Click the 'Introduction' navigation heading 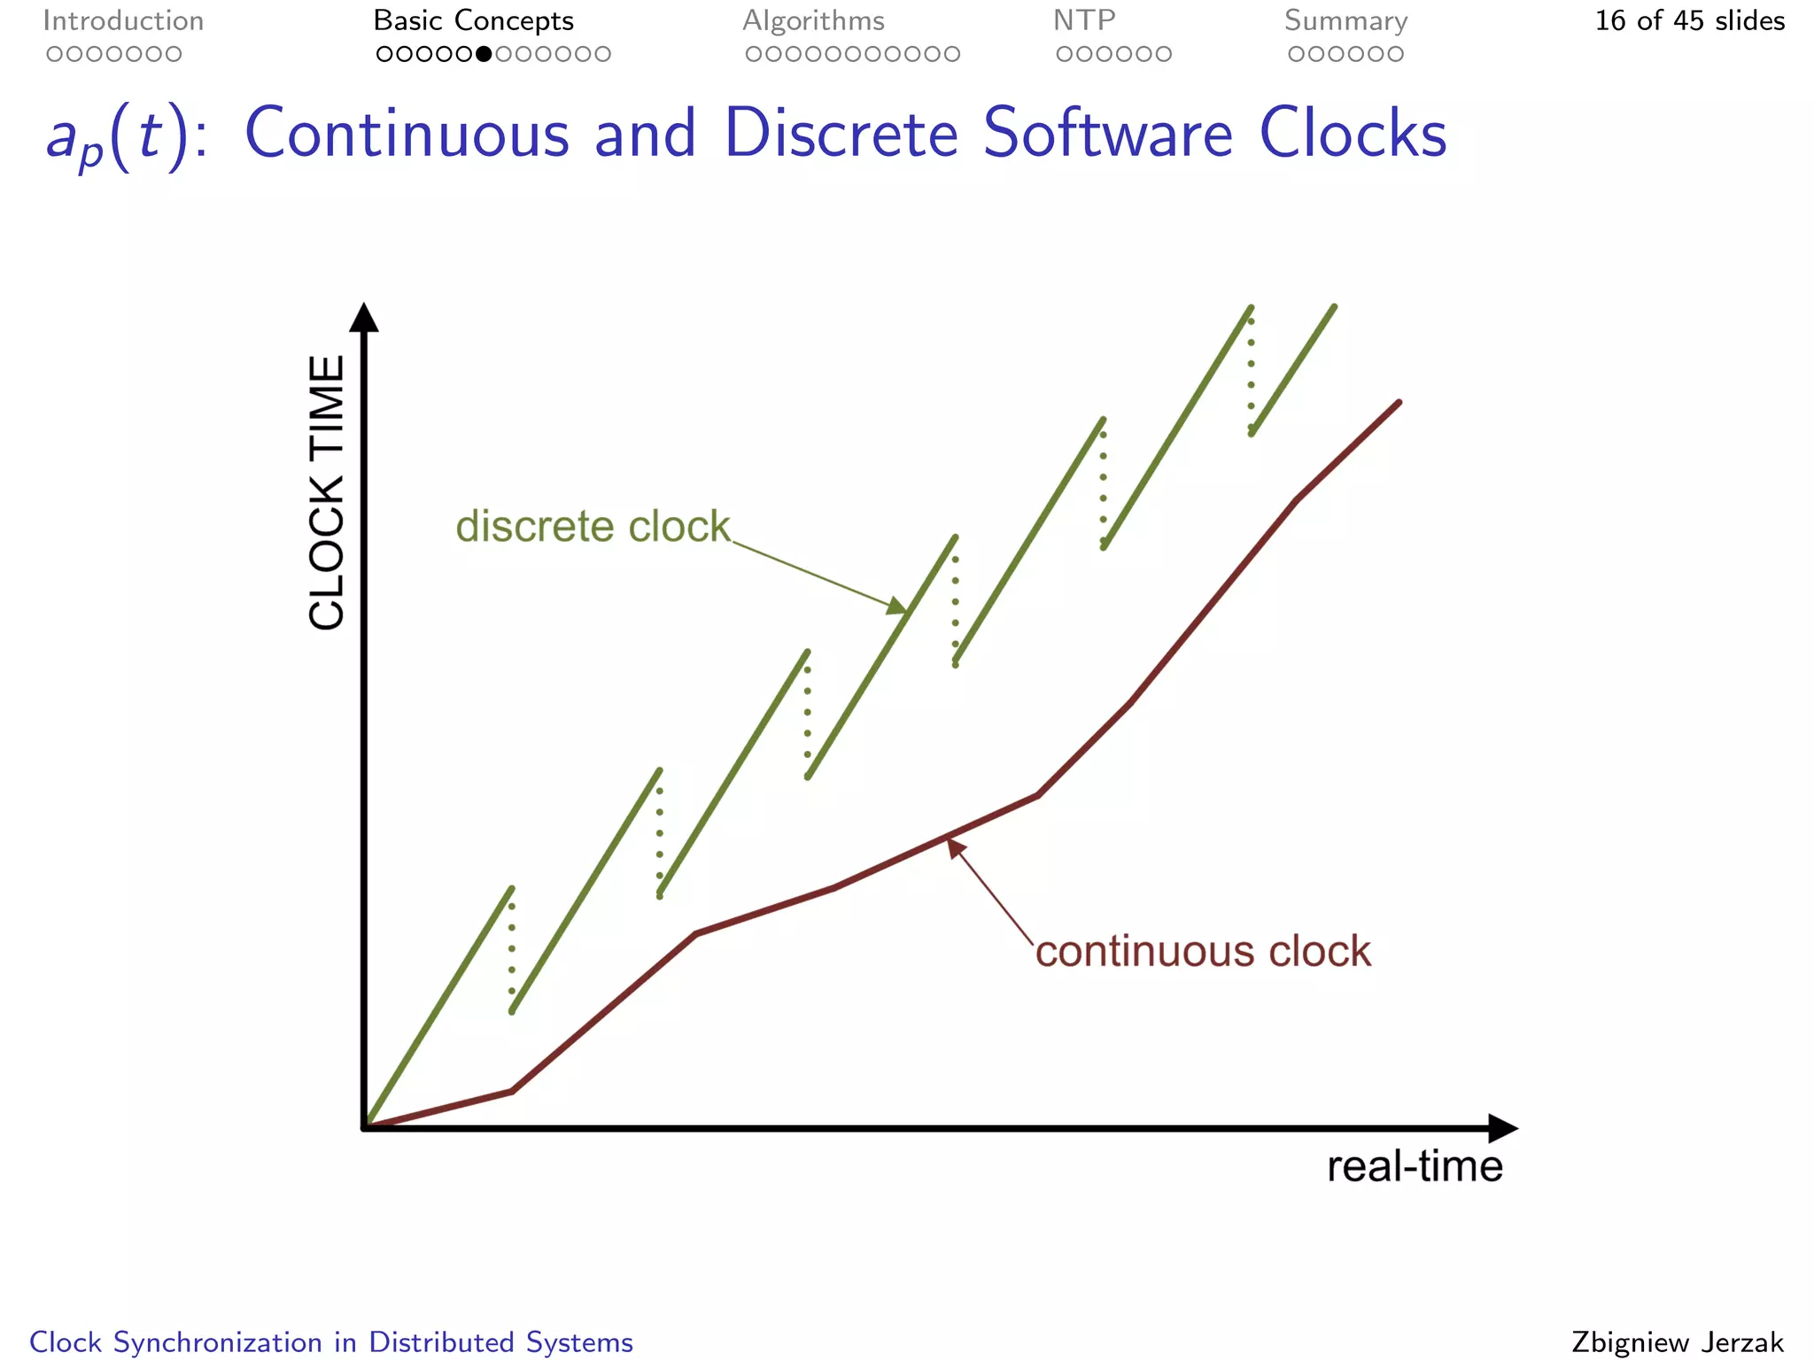(x=123, y=21)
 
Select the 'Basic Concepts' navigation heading (x=473, y=21)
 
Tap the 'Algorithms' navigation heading (x=813, y=21)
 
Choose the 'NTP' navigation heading (x=1084, y=21)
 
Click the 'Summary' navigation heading (x=1345, y=21)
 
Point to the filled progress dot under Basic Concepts (x=484, y=54)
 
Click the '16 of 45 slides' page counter (x=1689, y=21)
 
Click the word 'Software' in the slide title (x=1108, y=135)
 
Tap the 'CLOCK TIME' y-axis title (x=327, y=492)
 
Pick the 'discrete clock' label (x=593, y=527)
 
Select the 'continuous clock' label (x=1203, y=952)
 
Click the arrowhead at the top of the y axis (x=364, y=317)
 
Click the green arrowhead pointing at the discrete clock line (x=897, y=607)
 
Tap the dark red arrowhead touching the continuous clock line (x=955, y=847)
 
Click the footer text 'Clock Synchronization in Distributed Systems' (x=331, y=1342)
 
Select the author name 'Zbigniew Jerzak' (x=1678, y=1342)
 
